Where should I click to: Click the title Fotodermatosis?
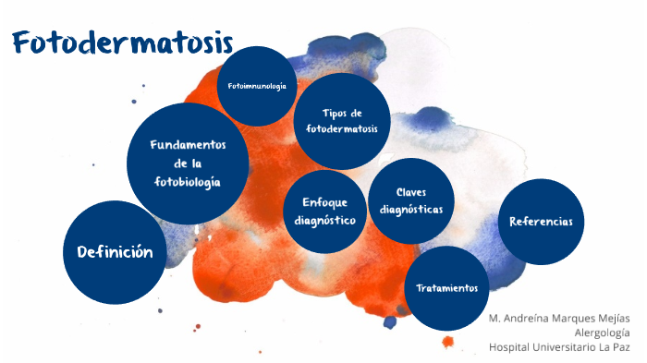(x=122, y=43)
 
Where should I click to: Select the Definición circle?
(x=114, y=252)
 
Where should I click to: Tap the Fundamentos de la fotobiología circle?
(x=188, y=163)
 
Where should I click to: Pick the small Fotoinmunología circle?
(x=257, y=86)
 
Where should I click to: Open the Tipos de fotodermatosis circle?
(x=341, y=121)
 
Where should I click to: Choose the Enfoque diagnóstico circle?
(x=325, y=211)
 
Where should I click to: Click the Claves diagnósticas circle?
(x=410, y=201)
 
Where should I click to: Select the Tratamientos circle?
(x=447, y=287)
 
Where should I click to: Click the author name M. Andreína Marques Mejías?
(x=559, y=318)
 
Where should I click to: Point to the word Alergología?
(x=602, y=333)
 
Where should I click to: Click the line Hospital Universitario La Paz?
(x=559, y=347)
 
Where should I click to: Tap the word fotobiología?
(x=188, y=182)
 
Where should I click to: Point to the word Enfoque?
(x=324, y=201)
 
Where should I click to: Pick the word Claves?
(x=410, y=192)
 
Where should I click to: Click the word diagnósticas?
(x=410, y=210)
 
